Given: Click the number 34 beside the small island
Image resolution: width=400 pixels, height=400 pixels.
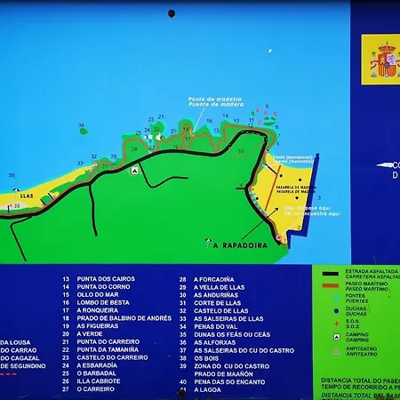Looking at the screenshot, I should tap(82, 126).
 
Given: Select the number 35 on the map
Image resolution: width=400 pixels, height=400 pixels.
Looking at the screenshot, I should tap(17, 205).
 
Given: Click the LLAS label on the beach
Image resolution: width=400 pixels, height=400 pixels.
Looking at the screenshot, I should tap(27, 196).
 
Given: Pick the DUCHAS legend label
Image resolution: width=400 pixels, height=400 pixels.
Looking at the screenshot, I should tap(356, 312).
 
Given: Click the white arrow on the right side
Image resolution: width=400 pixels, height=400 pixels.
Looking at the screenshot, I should tap(383, 165).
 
